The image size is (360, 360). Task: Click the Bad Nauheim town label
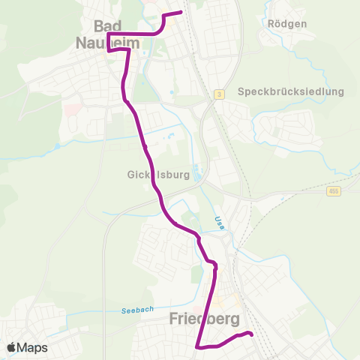(x=109, y=35)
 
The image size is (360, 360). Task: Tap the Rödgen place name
(x=287, y=23)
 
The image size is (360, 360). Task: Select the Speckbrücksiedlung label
(x=290, y=91)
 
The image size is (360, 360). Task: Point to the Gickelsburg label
(x=146, y=175)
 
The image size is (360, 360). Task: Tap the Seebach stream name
(x=138, y=310)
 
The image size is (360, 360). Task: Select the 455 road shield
(x=333, y=193)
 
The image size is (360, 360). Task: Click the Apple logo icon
(x=11, y=347)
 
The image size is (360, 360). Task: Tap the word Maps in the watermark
(x=32, y=347)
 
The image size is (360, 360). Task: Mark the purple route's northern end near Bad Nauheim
(x=181, y=12)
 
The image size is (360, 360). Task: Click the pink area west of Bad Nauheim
(x=70, y=110)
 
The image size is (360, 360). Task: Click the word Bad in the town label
(x=109, y=25)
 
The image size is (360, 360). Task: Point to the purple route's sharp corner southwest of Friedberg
(x=196, y=346)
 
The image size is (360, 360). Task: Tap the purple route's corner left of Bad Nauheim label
(x=108, y=34)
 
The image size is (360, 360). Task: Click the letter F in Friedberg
(x=174, y=319)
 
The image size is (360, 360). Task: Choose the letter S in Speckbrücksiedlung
(x=241, y=91)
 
